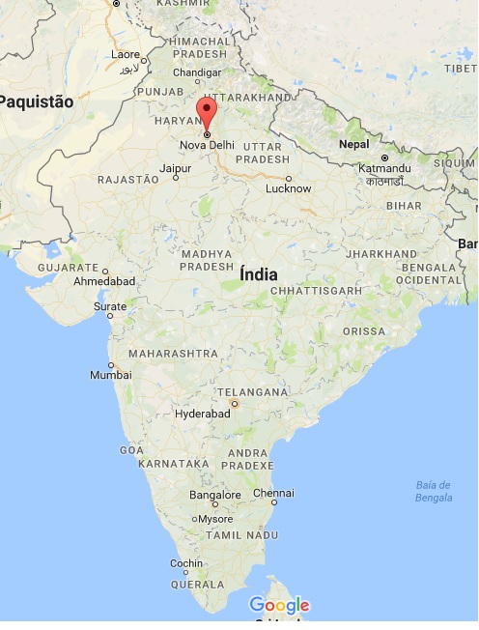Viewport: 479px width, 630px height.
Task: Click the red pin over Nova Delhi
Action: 206,111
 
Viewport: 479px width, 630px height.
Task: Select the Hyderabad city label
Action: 203,414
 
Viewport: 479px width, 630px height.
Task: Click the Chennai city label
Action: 272,493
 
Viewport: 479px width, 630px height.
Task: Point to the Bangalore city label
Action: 215,495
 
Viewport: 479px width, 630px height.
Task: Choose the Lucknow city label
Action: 288,188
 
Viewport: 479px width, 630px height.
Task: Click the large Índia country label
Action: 258,274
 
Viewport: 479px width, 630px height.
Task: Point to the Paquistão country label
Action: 39,100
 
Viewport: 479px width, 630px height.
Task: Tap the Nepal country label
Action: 353,144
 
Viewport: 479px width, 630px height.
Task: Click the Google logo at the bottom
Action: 279,606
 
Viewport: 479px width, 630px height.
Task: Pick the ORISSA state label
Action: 362,331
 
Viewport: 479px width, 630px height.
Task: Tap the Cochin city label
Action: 186,563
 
